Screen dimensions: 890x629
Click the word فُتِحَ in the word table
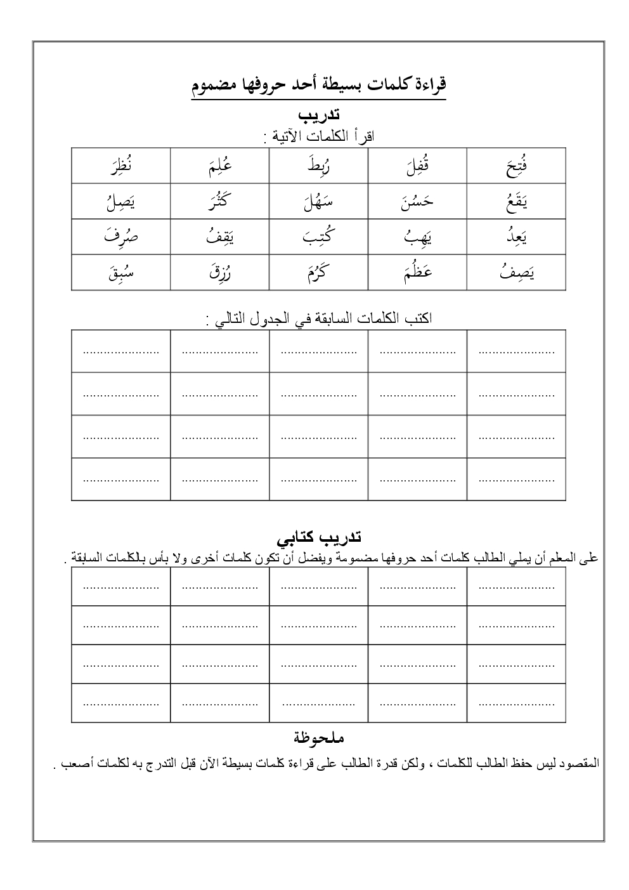517,167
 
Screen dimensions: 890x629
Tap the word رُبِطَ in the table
318,167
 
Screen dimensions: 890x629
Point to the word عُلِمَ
219,167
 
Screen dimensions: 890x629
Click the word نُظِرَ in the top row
120,167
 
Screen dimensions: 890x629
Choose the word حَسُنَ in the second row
417,202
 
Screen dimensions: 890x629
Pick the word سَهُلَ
318,202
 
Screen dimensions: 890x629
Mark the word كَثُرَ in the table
219,202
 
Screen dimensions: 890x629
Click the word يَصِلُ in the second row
120,202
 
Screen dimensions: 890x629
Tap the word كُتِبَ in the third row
318,237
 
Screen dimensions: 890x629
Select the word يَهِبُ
417,237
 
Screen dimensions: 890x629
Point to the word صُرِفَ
120,237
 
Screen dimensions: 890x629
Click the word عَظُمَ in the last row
417,273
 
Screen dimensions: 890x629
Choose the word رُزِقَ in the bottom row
219,273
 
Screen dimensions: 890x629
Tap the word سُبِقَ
120,273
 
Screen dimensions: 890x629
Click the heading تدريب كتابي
318,539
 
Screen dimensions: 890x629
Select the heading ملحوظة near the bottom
319,738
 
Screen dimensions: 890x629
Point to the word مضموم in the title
215,85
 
